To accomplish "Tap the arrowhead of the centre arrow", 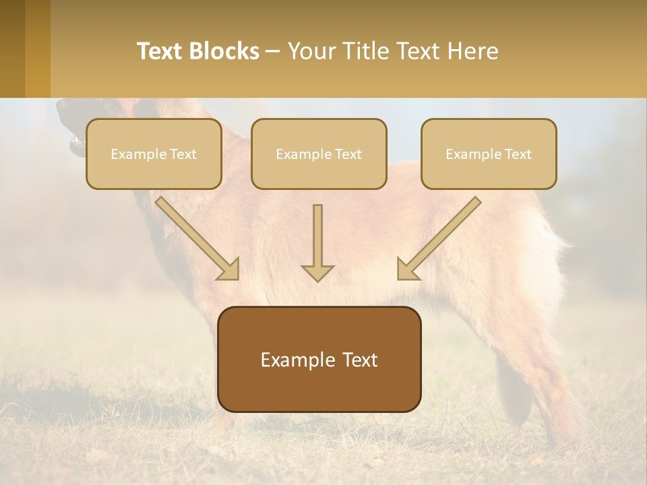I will tap(317, 272).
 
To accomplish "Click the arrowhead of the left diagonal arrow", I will tap(229, 269).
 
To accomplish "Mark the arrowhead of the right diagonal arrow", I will tap(407, 269).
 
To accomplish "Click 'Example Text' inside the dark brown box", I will tap(319, 360).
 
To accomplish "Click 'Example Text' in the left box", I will tap(154, 154).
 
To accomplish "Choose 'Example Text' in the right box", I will tap(489, 154).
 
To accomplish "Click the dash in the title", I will tap(273, 52).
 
